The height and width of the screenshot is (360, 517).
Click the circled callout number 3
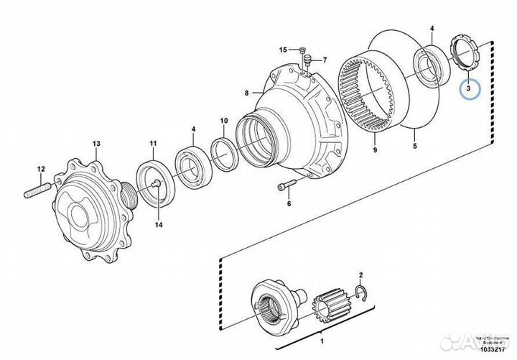pos(468,90)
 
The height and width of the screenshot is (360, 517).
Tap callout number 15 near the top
pos(283,50)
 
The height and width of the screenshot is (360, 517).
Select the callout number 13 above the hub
pos(96,144)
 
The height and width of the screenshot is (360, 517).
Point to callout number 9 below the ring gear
pos(375,150)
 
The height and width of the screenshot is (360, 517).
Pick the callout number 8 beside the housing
pos(246,93)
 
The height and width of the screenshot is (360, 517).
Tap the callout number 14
pos(159,225)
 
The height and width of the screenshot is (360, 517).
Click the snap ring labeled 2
pos(360,290)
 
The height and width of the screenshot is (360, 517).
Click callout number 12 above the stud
pos(41,169)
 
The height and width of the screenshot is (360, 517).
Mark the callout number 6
pos(289,203)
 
